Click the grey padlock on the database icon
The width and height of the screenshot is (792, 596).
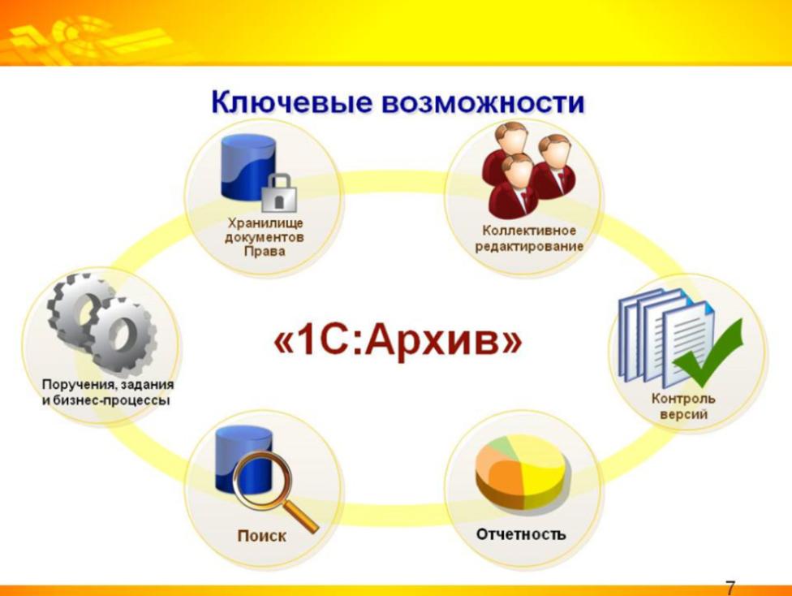click(279, 193)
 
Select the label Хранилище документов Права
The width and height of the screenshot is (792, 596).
click(265, 237)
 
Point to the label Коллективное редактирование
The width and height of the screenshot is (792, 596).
click(529, 238)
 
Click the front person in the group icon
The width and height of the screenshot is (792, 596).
click(516, 185)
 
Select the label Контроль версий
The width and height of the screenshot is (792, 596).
click(683, 407)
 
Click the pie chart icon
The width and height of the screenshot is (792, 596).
click(523, 472)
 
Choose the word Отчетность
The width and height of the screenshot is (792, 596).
click(521, 533)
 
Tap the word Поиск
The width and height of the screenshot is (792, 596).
click(261, 535)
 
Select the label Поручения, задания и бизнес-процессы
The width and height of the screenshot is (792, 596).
click(108, 392)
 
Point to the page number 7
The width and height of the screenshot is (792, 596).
click(730, 588)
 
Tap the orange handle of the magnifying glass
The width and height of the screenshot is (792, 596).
click(300, 515)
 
